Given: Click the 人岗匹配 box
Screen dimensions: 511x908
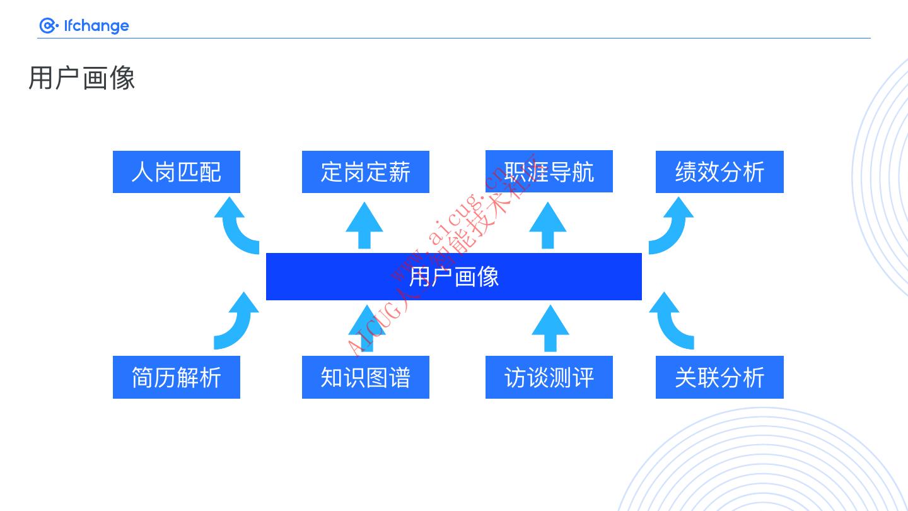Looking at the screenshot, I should tap(177, 172).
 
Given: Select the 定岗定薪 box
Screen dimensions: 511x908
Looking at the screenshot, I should tap(366, 172).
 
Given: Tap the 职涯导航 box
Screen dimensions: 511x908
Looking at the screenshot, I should tap(549, 171).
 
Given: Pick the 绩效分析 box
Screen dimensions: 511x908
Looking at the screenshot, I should tap(719, 172).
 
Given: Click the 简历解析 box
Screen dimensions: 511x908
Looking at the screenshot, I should tap(177, 377).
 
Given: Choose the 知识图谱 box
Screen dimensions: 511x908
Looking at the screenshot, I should tap(366, 377).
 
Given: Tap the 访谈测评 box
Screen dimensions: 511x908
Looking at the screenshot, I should tap(549, 377).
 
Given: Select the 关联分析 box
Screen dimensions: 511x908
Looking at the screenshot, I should tap(719, 377).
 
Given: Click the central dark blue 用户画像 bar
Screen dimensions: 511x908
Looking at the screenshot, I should tap(454, 276).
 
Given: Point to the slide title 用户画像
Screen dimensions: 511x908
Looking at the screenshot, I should tap(82, 78).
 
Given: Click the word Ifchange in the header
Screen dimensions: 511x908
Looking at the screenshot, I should tap(96, 26).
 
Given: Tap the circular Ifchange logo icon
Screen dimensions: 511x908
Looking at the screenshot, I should tap(48, 26).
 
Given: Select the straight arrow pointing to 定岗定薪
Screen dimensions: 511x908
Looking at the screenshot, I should tap(364, 225).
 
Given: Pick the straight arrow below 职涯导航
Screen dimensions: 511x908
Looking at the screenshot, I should tap(547, 225).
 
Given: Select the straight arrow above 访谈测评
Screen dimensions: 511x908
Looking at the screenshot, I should tap(550, 328).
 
